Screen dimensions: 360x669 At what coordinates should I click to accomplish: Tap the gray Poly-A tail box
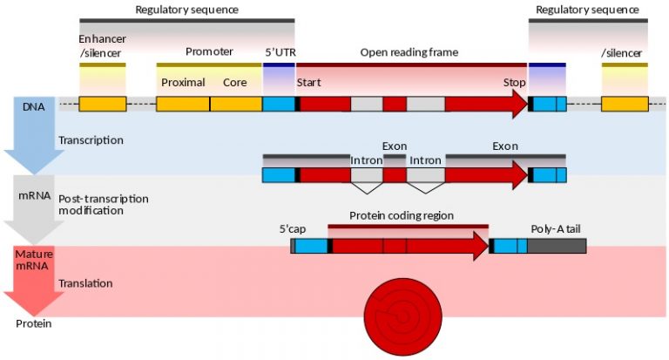click(556, 246)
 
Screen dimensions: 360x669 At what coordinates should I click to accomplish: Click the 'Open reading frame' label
click(409, 52)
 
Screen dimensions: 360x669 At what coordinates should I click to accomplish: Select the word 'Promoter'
click(209, 52)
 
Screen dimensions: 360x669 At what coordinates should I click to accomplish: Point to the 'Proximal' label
click(183, 83)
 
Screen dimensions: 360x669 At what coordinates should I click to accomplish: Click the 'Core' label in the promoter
click(234, 83)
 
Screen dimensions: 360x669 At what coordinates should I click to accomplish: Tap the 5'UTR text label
click(280, 52)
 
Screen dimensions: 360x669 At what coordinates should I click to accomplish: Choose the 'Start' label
click(309, 83)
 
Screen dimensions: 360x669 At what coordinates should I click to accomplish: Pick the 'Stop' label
click(514, 83)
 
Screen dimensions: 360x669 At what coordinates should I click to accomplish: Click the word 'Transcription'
click(91, 139)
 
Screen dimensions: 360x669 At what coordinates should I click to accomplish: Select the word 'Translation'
click(85, 283)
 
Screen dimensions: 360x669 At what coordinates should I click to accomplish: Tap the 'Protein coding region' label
click(402, 215)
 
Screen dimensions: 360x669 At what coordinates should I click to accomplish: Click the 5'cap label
click(292, 228)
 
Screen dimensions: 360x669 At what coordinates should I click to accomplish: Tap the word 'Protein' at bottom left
click(32, 323)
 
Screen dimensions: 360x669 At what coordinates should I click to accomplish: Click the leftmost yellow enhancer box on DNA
click(102, 104)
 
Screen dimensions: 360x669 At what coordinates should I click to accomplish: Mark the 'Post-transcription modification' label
click(103, 205)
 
